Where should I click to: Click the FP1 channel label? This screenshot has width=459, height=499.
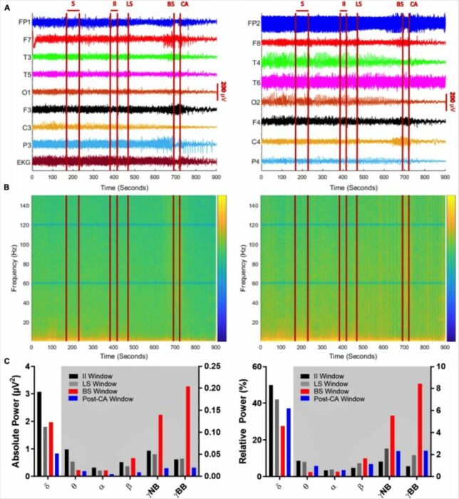(x=25, y=23)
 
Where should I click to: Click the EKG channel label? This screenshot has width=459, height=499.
(x=24, y=163)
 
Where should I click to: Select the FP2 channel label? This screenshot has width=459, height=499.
(x=253, y=24)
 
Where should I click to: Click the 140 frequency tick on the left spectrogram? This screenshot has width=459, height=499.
(x=24, y=204)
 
